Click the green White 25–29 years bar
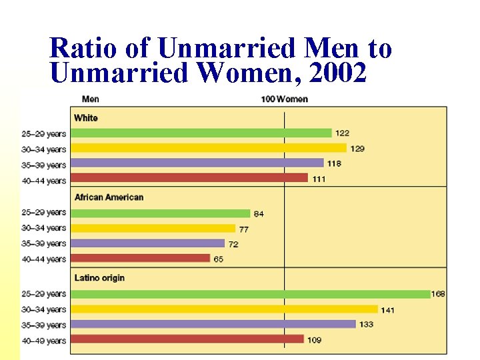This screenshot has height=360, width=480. click(201, 133)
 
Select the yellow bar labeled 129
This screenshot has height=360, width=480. click(209, 148)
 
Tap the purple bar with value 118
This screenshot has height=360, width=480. click(197, 163)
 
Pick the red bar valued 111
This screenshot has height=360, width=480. click(189, 178)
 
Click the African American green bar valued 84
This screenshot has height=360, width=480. click(161, 213)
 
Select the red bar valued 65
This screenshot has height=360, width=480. click(140, 258)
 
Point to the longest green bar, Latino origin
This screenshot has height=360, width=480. click(251, 294)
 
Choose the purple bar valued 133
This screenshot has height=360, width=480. click(213, 324)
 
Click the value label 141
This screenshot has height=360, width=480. click(387, 311)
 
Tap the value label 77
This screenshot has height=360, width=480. click(244, 229)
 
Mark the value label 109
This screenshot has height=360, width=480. click(315, 340)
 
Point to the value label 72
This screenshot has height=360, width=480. click(233, 244)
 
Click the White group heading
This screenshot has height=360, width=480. click(86, 118)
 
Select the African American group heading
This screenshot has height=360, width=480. click(109, 197)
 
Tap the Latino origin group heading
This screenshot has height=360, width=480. click(99, 278)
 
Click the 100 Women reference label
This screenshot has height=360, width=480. click(285, 99)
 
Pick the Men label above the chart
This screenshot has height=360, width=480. click(91, 99)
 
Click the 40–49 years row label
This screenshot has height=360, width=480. click(44, 341)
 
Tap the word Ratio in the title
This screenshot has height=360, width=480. click(83, 48)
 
